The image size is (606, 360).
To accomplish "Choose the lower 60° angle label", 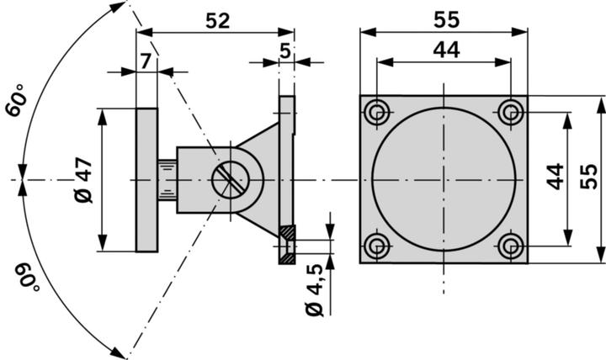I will coord(25,274).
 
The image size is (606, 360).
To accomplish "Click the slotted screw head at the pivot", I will coord(229,180).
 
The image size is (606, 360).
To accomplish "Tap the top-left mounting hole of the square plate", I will coord(377,111).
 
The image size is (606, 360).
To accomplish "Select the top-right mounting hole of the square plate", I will coord(510,111).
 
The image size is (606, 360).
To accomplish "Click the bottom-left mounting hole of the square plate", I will coord(377,246).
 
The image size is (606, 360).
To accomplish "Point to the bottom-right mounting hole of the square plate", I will coord(510,246).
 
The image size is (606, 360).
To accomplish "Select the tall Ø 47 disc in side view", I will coord(146,179).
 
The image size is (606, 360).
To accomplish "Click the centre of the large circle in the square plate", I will coord(444,179).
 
